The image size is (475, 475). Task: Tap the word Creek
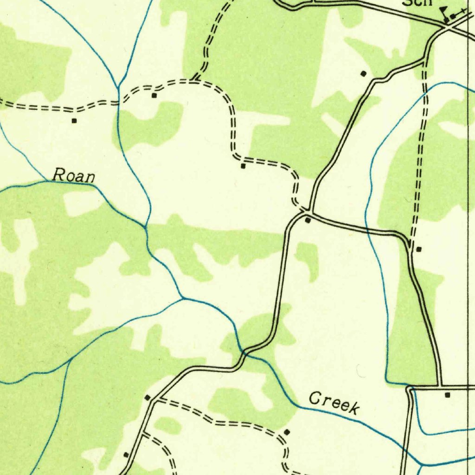pos(334,403)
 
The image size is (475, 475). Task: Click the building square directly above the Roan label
pos(74,121)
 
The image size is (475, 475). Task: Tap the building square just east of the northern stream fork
pos(154,96)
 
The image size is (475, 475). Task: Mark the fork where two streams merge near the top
pos(119,87)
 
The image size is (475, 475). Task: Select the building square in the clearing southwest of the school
pos(363,73)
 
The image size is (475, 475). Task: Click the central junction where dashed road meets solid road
pos(308,212)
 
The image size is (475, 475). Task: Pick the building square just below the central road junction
pos(308,220)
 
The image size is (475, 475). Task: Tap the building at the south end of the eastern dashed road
pos(419,249)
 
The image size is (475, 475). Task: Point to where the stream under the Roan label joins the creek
pos(146,227)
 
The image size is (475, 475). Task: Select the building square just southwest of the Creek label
pos(286,432)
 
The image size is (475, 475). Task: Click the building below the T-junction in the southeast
pos(447,395)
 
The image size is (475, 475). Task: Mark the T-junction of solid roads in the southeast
pos(440,386)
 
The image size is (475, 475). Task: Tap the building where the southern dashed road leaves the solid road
pos(148,398)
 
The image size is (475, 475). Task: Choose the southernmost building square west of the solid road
pos(126,455)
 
